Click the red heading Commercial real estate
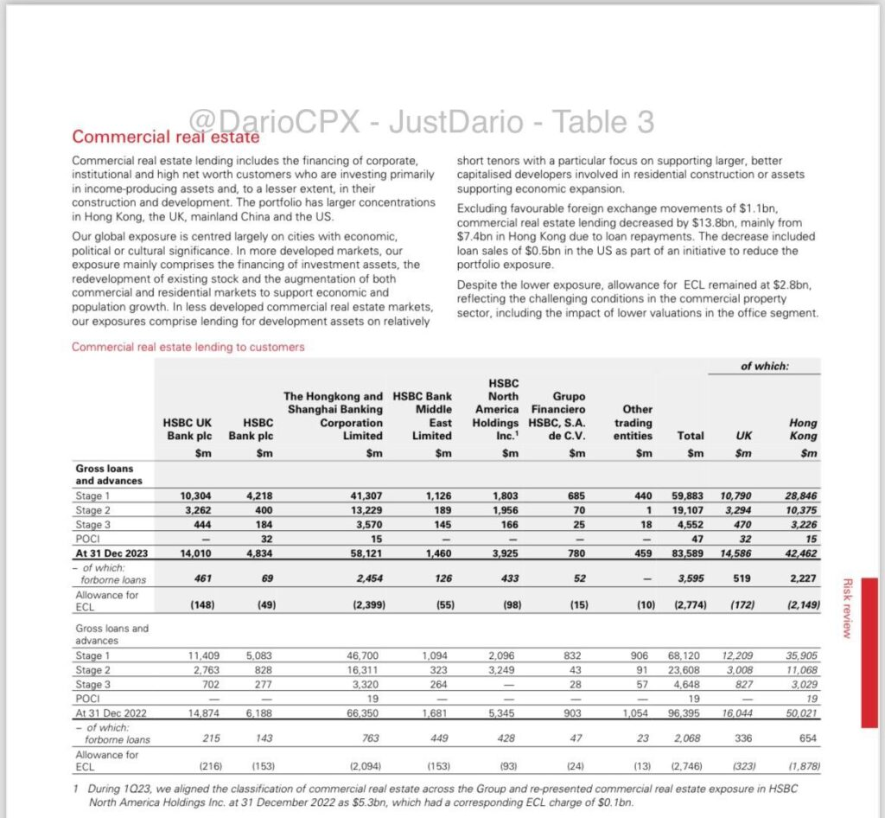(164, 137)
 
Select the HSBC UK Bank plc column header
(188, 429)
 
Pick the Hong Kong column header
(803, 429)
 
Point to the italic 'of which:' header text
(764, 367)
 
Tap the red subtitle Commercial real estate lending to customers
(188, 347)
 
